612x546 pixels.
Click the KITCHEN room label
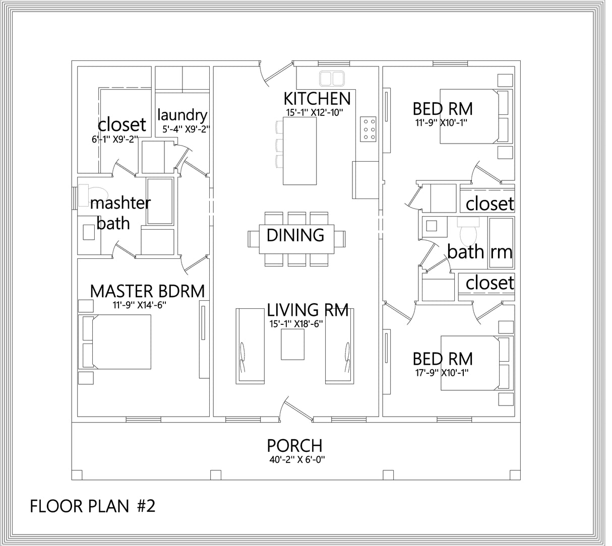coord(317,98)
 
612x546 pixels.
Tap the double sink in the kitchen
coord(331,78)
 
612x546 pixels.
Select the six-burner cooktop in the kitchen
coord(368,129)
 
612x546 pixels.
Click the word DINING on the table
coord(295,235)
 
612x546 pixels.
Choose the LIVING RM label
coord(308,310)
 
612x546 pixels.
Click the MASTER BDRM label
coord(147,291)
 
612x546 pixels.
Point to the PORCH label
coord(294,446)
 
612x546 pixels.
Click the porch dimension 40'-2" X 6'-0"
coord(294,459)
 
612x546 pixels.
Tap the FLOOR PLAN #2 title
coord(92,506)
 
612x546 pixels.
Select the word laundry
coord(182,115)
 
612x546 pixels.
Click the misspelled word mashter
coord(120,203)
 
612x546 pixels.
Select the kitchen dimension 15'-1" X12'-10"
coord(313,112)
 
